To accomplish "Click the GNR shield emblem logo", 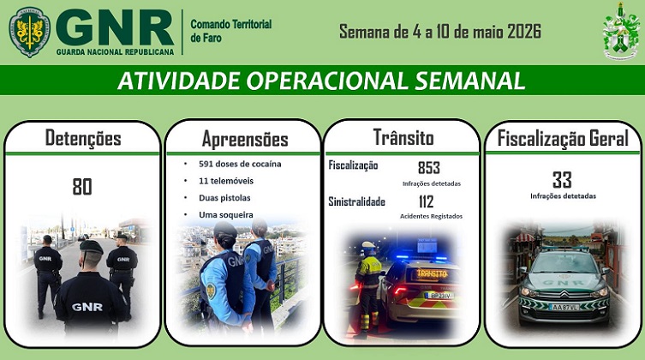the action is tap(29, 31).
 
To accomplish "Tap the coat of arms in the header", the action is tap(621, 31).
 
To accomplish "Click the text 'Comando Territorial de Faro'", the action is tap(230, 31).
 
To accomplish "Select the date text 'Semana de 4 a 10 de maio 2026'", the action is tap(440, 31).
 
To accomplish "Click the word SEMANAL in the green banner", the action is tap(469, 81).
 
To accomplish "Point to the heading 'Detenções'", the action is tap(83, 138).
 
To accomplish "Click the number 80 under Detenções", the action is tap(82, 186).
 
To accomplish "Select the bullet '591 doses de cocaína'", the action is tap(240, 164).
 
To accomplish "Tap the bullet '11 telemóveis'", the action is tap(226, 181).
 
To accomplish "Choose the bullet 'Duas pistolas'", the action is tap(224, 198).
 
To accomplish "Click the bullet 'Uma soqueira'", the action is tap(226, 215).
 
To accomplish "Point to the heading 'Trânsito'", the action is tap(403, 137).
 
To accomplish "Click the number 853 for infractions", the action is tap(429, 167).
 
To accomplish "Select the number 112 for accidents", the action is tap(427, 201).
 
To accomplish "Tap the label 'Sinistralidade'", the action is tap(356, 201).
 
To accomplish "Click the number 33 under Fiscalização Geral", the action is tap(562, 180).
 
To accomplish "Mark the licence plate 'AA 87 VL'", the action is tap(563, 308).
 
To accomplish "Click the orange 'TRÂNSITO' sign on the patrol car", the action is tap(432, 273).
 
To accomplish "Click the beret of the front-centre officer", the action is tap(92, 247).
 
